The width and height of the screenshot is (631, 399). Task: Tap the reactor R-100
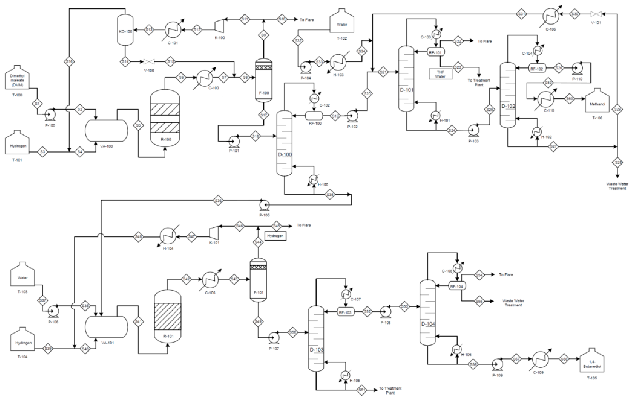tap(165, 118)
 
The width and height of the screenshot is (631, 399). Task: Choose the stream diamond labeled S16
tap(69, 62)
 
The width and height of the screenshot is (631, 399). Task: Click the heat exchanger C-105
tap(550, 14)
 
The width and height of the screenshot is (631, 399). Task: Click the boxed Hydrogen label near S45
tap(275, 236)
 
